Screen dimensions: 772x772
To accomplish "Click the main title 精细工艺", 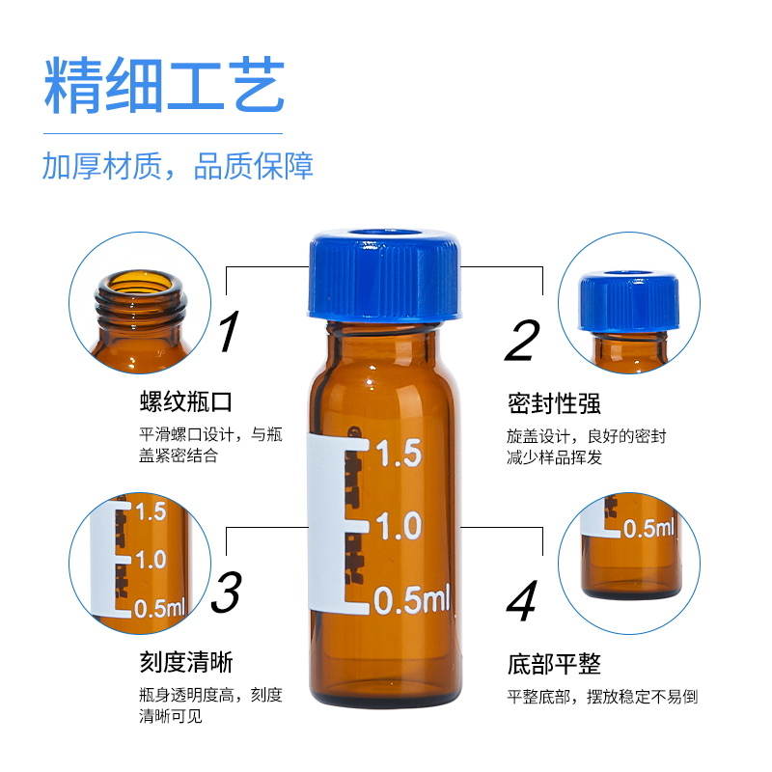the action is (x=164, y=85).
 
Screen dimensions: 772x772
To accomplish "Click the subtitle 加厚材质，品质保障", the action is (x=178, y=165).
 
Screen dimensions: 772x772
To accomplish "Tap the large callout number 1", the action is (x=229, y=331).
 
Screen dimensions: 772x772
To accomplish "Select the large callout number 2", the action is (x=522, y=341).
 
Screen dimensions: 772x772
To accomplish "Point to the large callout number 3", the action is (x=227, y=592).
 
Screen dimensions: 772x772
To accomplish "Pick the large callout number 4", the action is (x=522, y=600).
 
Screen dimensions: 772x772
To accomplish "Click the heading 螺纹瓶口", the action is (x=186, y=401).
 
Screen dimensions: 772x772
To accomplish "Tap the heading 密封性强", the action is (x=554, y=403).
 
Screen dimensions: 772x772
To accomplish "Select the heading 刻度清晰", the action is (x=186, y=662).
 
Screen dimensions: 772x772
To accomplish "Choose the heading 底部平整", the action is (x=554, y=664).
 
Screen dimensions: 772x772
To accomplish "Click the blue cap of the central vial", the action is (x=384, y=276).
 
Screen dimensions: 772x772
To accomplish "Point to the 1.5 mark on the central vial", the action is (x=399, y=454).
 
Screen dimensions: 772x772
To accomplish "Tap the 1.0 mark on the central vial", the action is (x=399, y=526).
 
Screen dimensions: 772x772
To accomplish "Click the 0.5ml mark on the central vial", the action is (x=412, y=599).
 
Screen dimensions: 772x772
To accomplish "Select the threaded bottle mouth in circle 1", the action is (x=141, y=300).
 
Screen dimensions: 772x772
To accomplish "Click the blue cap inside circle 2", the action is (x=629, y=300).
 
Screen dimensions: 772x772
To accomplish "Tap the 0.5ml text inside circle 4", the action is (x=648, y=529).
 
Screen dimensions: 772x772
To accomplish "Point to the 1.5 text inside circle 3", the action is (x=152, y=511).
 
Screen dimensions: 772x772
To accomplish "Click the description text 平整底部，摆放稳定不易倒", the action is (x=602, y=697).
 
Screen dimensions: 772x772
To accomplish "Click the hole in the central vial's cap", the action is (x=383, y=234).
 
